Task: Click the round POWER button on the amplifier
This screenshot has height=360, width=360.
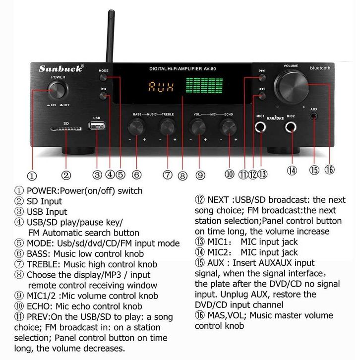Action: [x=58, y=90]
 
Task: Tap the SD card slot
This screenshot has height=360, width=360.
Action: [x=66, y=128]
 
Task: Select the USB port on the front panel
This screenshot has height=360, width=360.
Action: [x=97, y=126]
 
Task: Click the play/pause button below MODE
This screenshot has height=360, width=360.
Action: [x=103, y=96]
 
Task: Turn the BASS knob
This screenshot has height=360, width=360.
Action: [x=137, y=127]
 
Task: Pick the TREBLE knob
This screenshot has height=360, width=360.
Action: [x=168, y=127]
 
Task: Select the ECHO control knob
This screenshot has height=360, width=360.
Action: [x=229, y=127]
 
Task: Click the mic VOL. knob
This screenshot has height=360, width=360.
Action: [x=198, y=127]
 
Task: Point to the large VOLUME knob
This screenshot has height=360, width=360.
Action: [x=292, y=87]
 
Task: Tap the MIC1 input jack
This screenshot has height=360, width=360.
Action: [x=260, y=127]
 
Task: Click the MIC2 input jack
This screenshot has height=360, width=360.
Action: [x=291, y=127]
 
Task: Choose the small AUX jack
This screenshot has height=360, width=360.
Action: [x=314, y=116]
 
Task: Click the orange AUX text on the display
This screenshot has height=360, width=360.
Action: [x=161, y=87]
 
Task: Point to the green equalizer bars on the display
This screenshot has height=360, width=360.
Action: [x=204, y=85]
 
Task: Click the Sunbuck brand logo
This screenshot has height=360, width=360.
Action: [x=61, y=68]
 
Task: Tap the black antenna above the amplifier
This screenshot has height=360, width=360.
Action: [x=111, y=36]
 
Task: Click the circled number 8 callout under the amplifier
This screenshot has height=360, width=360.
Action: [x=182, y=176]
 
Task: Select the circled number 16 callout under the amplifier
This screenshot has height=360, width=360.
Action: [x=329, y=170]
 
